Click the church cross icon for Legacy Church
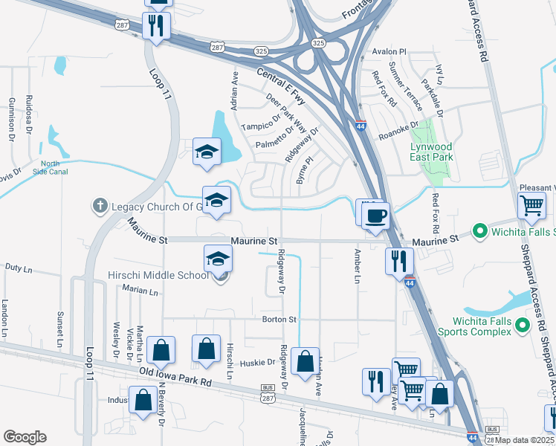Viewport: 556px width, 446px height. pyautogui.click(x=100, y=204)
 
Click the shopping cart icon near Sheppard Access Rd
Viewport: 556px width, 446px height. pyautogui.click(x=532, y=205)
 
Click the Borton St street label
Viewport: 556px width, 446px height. pyautogui.click(x=279, y=319)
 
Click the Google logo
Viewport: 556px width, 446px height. pyautogui.click(x=25, y=436)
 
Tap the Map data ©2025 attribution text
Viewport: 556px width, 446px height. pyautogui.click(x=525, y=440)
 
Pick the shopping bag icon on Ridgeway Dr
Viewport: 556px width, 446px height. pyautogui.click(x=305, y=361)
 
